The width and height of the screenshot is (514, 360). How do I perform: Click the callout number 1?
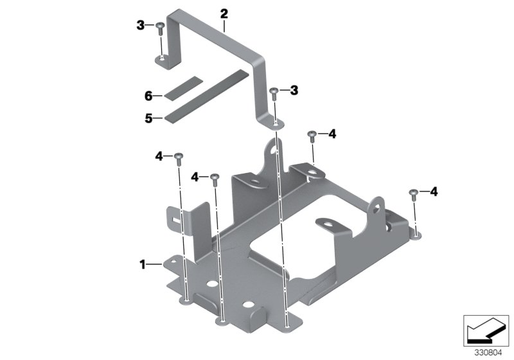pos(143,264)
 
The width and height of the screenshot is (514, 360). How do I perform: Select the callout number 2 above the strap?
pos(224,14)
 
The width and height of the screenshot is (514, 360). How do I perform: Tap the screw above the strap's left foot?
pos(161,26)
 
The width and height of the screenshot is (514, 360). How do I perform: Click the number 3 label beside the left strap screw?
pos(140,25)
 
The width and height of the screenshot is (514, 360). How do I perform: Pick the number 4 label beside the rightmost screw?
pos(434,192)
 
